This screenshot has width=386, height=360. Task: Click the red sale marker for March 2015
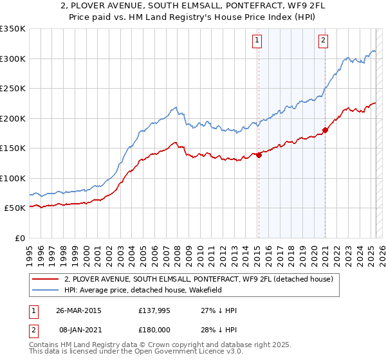[x=259, y=154]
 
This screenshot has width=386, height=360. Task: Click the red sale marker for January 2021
[x=325, y=130]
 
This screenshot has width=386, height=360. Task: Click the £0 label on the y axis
[x=19, y=238]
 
